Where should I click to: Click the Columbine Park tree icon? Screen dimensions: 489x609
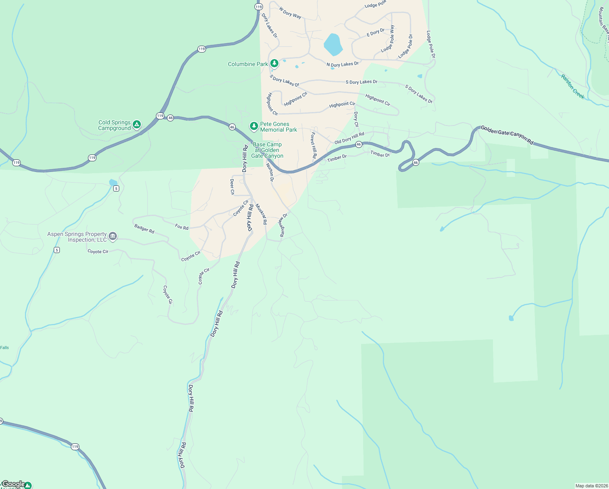[x=274, y=63]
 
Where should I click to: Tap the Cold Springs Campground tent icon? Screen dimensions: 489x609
[x=137, y=124]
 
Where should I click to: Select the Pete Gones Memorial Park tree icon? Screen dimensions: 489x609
[x=254, y=126]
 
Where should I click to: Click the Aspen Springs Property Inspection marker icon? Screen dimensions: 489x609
[x=113, y=236]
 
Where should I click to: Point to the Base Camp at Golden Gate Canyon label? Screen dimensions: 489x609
[x=267, y=150]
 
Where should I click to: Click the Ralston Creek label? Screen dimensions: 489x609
[x=572, y=87]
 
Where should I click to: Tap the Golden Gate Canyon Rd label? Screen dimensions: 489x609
[x=507, y=135]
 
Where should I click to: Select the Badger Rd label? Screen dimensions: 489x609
[x=144, y=229]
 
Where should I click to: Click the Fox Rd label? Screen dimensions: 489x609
[x=182, y=227]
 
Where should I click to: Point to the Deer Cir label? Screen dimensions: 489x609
[x=232, y=187]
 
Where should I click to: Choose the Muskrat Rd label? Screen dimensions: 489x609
[x=261, y=214]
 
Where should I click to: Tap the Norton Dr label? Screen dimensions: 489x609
[x=270, y=172]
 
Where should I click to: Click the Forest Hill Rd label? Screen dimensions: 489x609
[x=313, y=145]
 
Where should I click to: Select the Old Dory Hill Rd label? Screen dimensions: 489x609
[x=349, y=138]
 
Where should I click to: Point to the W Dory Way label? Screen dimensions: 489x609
[x=290, y=13]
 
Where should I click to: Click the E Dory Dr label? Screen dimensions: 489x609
[x=375, y=32]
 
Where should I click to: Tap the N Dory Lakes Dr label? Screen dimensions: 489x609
[x=342, y=64]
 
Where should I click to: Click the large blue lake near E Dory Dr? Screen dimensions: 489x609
[x=333, y=45]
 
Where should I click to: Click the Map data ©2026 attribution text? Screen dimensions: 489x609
[x=591, y=486]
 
